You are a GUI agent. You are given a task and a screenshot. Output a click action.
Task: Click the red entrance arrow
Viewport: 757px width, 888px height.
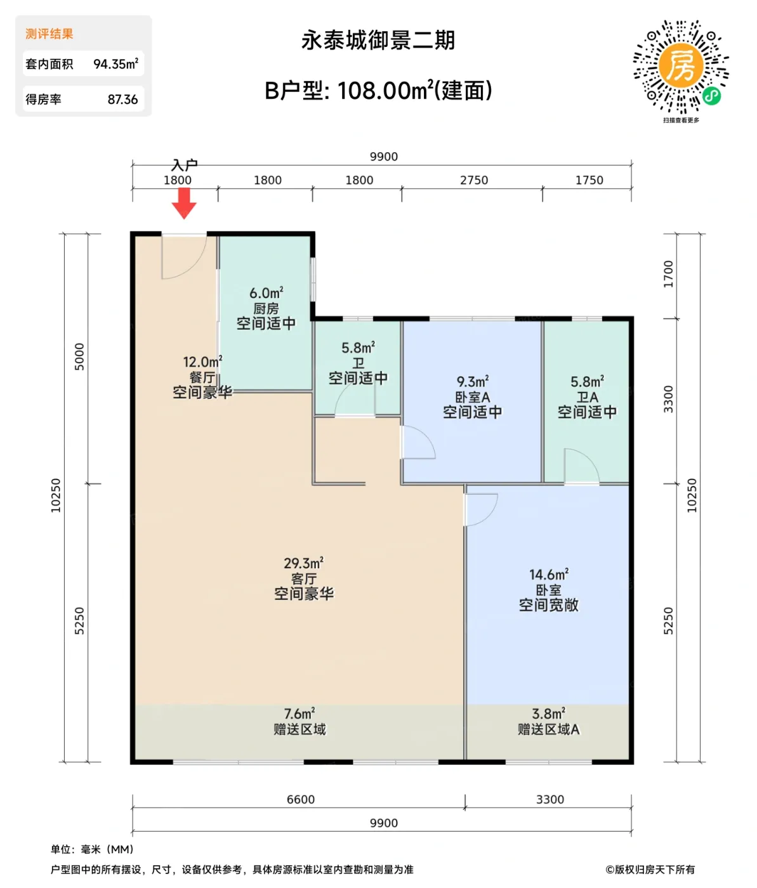point(184,203)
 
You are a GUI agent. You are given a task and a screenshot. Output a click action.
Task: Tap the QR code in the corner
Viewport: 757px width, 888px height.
point(681,68)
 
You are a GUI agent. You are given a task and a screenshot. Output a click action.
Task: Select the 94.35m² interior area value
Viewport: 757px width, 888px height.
point(115,64)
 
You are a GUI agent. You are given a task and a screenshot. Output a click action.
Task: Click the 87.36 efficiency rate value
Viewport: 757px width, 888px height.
point(122,100)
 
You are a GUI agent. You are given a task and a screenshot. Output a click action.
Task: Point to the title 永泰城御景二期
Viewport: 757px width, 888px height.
point(378,41)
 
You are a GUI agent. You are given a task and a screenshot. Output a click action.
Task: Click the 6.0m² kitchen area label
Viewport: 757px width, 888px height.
point(266,293)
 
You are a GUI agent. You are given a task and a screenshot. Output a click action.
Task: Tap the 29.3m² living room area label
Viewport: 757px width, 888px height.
point(303,563)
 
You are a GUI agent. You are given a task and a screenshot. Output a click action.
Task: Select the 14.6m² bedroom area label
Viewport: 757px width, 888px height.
point(549,575)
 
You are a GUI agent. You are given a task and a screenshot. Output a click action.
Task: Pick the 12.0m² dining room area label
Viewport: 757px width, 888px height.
point(202,362)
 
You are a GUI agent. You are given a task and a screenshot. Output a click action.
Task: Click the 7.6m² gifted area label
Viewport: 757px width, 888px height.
point(300,714)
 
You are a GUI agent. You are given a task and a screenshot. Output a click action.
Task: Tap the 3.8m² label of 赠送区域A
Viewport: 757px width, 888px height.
point(548,714)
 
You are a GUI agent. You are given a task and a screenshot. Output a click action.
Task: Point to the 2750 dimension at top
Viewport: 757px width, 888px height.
point(474,180)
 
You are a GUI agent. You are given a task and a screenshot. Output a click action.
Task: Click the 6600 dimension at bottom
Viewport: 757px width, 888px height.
point(301,799)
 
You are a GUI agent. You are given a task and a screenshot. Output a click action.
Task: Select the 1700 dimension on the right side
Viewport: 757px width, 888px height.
point(669,274)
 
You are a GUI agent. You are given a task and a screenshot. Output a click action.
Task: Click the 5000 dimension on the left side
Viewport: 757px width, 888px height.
point(79,356)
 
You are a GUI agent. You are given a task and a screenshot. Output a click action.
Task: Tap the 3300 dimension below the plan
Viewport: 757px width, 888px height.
point(550,799)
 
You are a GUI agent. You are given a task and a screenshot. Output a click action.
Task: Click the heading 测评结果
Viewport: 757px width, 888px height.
point(49,34)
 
